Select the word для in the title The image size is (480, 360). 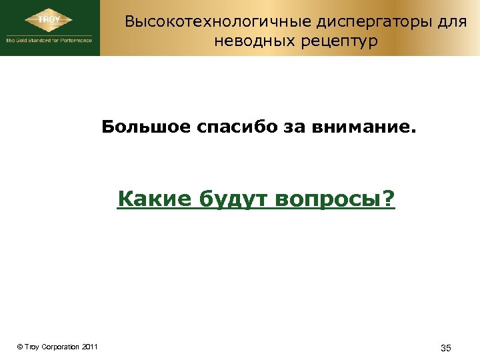[452, 22]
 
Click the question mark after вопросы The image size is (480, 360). [389, 199]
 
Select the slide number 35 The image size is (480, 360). [446, 349]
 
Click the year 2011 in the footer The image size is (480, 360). [91, 347]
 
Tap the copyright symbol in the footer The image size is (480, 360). [19, 347]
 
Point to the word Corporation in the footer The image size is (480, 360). [60, 347]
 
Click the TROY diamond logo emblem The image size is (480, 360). [49, 20]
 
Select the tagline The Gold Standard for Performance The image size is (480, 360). [49, 41]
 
